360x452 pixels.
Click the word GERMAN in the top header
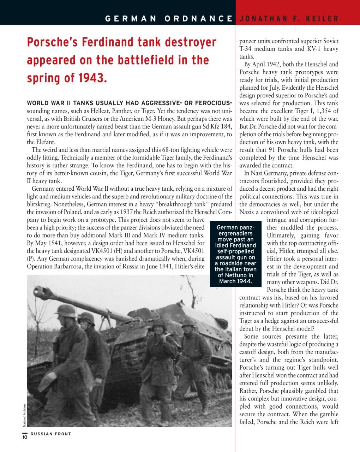tap(131, 19)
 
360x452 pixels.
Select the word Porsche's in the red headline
tap(53, 42)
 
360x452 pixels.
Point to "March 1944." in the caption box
tap(235, 281)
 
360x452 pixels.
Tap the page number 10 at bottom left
tap(25, 437)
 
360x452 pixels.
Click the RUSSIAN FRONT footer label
tap(51, 434)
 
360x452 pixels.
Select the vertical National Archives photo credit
tap(24, 415)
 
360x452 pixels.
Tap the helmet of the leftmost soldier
tap(66, 311)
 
